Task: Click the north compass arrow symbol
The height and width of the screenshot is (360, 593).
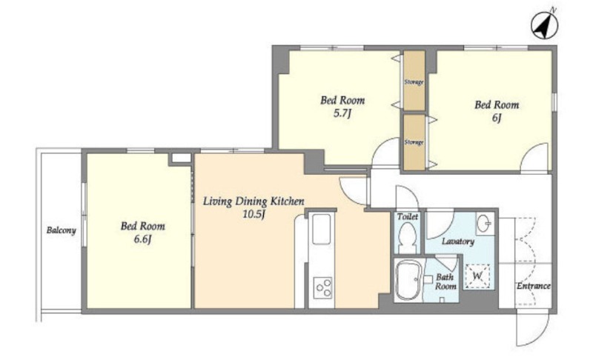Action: click(x=544, y=25)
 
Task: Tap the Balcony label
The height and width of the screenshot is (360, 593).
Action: click(x=62, y=230)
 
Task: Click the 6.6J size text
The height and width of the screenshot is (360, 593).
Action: click(x=142, y=240)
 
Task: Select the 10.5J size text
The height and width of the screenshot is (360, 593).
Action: click(x=253, y=215)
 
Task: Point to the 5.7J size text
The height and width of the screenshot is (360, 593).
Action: click(x=342, y=114)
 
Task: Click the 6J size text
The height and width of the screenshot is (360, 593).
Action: click(x=497, y=119)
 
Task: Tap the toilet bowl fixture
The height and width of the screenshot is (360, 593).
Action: click(x=407, y=238)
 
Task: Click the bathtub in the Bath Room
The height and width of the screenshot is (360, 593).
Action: click(x=408, y=279)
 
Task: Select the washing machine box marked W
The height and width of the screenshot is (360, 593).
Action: click(x=477, y=276)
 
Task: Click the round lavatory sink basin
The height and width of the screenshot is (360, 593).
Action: click(x=483, y=224)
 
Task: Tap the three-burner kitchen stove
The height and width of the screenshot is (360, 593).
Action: click(x=322, y=288)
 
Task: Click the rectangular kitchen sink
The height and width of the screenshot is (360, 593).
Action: click(x=322, y=230)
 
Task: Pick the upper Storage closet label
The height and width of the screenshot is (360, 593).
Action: click(x=414, y=82)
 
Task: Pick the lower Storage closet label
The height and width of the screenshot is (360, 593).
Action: click(x=414, y=142)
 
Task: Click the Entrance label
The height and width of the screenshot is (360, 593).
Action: click(x=534, y=286)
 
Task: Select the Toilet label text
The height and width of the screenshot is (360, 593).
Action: click(x=408, y=216)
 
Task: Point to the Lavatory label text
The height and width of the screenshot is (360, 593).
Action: click(x=458, y=241)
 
